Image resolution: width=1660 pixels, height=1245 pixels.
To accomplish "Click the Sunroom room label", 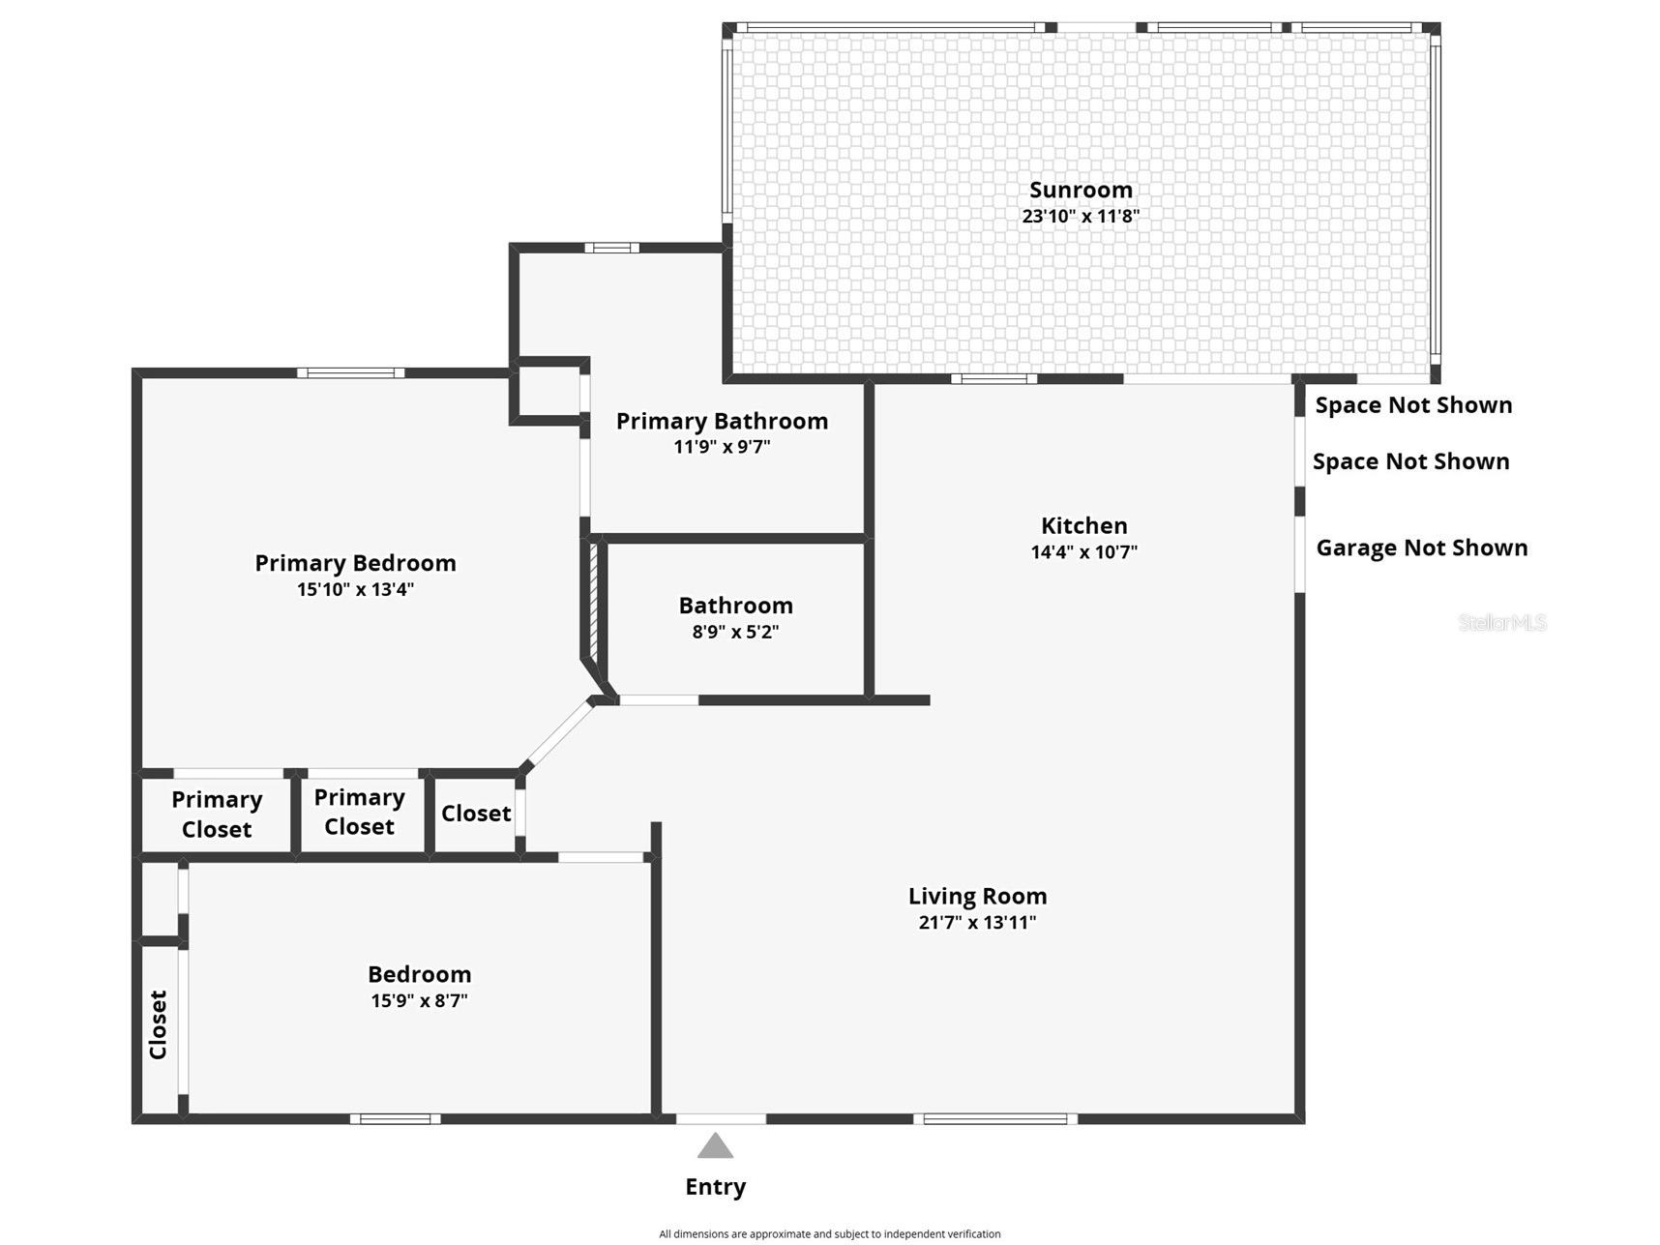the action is point(1081,190).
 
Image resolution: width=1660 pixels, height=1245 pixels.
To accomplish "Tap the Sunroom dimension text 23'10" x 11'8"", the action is point(1081,216).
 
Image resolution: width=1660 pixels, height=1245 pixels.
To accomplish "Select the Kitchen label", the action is point(1084,525).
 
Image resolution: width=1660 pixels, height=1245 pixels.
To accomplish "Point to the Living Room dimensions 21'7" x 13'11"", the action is point(977,922).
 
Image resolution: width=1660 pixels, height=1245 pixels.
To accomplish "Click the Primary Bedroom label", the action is point(355,563).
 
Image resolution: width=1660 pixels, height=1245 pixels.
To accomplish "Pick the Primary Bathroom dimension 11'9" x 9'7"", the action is point(723,447).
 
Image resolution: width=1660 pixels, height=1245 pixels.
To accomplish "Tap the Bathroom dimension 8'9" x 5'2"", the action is point(735,632).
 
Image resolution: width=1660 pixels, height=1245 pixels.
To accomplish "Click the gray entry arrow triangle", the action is point(715,1146).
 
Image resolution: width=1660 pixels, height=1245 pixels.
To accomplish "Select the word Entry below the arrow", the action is point(716,1187).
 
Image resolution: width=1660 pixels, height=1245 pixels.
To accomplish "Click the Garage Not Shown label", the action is point(1422,548).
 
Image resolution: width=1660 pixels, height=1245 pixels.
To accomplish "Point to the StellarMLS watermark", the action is point(1502,623).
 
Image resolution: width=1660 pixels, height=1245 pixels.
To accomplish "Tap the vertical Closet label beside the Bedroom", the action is point(158,1024).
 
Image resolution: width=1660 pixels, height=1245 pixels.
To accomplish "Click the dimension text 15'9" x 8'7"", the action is point(419,1000).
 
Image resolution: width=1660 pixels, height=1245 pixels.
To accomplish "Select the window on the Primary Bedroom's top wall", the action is point(350,372).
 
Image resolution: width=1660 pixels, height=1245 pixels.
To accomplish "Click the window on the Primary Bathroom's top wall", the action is point(611,248).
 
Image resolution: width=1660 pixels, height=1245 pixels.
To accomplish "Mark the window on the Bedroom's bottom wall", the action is point(395,1119).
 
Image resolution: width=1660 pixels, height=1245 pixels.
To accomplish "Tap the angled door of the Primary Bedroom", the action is point(558,732).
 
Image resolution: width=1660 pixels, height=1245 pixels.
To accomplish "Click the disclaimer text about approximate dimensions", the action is point(830,1233).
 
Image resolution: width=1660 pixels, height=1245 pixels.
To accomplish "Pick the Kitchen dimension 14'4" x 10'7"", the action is point(1084,552).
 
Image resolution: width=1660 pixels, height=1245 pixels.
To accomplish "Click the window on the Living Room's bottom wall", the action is point(995,1119).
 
